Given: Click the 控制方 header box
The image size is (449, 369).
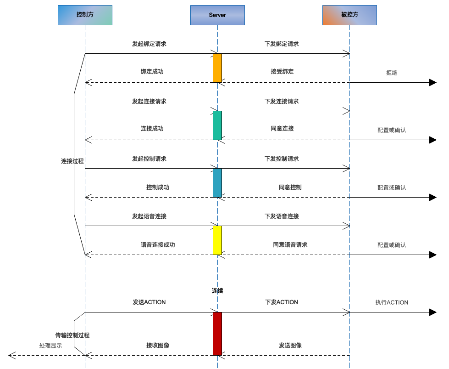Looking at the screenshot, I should [x=84, y=15].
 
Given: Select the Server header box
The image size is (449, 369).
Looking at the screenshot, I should [x=217, y=15].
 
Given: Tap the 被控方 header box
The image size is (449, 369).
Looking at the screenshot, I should [x=349, y=15].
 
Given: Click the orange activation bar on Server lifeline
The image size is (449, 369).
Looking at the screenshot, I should [x=217, y=68].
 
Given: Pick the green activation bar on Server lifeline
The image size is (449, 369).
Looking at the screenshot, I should [x=217, y=125].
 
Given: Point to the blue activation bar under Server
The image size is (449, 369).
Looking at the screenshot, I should [x=217, y=182].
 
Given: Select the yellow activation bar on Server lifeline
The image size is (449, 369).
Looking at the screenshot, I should [x=217, y=240].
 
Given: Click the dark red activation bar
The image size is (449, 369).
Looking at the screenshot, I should [x=217, y=334].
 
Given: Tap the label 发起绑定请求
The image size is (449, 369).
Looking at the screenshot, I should [x=149, y=44].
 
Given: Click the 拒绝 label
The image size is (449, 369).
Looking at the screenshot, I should [x=392, y=73].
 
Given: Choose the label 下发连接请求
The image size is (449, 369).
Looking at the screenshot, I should [x=282, y=101].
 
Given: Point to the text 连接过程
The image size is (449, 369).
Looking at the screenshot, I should [x=72, y=161].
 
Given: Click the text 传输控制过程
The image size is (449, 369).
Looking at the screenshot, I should [x=72, y=335].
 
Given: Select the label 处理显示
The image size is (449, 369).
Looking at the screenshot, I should [x=50, y=346].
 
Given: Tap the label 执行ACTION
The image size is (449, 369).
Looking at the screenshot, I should [x=392, y=302].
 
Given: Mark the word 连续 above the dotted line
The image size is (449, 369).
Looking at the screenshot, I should [x=217, y=291].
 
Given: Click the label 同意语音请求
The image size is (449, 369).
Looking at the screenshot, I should [x=290, y=245].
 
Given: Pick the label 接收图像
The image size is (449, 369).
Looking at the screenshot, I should [x=158, y=346].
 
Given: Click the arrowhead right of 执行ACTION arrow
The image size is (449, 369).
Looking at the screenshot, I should [x=432, y=312].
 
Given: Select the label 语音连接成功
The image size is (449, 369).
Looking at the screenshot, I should [x=158, y=245].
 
